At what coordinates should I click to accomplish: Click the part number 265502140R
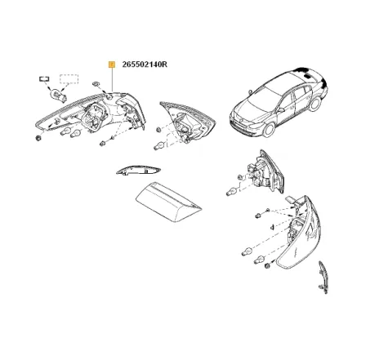coord(145,64)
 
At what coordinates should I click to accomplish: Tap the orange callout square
coord(112,64)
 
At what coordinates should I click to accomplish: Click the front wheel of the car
coord(270,130)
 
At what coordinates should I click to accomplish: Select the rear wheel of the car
coord(315,104)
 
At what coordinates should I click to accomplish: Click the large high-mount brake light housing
coord(168,202)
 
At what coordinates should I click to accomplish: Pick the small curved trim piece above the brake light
coord(138,170)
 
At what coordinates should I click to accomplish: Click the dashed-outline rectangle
coord(69,78)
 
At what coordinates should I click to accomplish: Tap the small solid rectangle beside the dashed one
coord(44,79)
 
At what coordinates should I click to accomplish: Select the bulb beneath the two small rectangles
coord(59,96)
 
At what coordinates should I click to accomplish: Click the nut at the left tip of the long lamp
coord(38,138)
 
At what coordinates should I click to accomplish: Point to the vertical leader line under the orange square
coord(112,79)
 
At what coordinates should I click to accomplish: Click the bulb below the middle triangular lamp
coord(158,147)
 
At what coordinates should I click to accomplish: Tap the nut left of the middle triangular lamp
coord(158,130)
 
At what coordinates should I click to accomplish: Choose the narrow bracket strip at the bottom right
coord(323,277)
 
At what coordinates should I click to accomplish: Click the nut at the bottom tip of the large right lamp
coord(268,266)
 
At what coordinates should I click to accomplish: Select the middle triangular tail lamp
coord(188,122)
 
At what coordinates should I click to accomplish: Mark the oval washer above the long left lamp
coord(96,84)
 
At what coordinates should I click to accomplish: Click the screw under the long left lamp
coord(103,144)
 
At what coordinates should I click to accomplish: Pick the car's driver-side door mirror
coord(281,110)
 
